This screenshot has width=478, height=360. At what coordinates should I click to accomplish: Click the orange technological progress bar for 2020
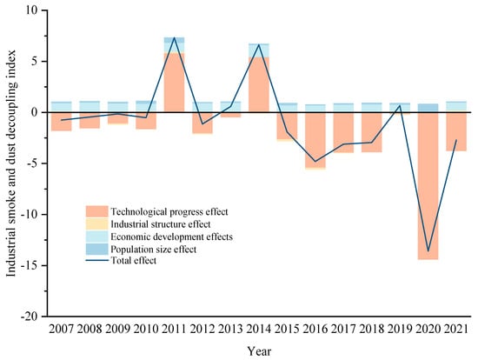428,186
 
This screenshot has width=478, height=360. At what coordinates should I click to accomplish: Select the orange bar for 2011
174,83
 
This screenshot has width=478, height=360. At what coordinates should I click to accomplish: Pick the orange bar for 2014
259,85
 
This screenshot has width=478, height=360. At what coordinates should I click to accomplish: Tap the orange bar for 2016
315,140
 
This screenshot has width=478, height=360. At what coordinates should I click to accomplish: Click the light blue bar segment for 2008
90,106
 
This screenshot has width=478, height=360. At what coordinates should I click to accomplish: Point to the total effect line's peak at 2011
174,37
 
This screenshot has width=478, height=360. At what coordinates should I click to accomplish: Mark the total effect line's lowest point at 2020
428,251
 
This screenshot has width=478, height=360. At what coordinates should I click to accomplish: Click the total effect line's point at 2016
315,162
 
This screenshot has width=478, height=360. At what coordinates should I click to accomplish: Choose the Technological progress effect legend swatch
97,211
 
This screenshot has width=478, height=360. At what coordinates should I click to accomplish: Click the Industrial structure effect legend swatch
97,224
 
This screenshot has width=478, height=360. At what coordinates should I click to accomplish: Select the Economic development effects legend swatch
97,237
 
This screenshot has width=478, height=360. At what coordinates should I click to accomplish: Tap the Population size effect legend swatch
97,249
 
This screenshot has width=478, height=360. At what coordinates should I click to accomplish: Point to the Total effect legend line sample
97,261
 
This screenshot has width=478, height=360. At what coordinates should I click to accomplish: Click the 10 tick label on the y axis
37,10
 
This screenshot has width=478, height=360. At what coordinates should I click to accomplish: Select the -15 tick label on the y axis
33,265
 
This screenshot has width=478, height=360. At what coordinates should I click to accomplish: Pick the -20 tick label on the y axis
33,317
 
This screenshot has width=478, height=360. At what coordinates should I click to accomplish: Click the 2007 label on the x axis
62,330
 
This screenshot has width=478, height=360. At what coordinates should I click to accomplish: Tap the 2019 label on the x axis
400,330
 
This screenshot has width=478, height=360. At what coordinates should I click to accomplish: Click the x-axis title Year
259,351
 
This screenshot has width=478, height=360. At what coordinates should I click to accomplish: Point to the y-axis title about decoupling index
11,163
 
